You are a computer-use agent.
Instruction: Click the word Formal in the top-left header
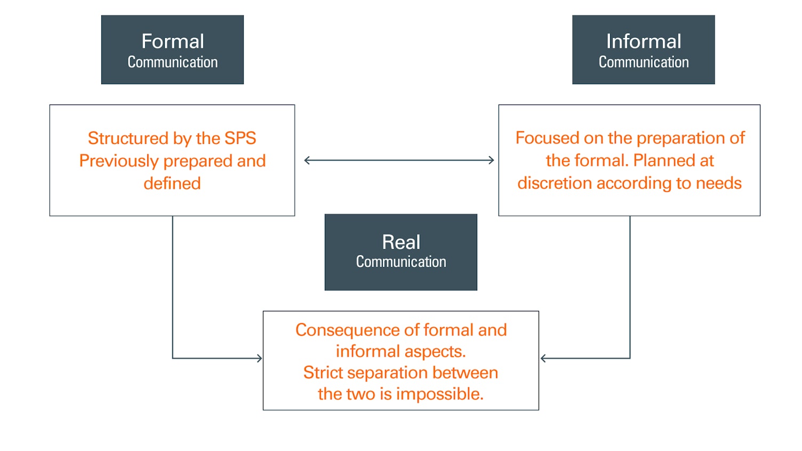tap(172, 42)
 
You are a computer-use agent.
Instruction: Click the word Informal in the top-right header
tap(643, 42)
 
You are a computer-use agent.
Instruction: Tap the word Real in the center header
tap(401, 242)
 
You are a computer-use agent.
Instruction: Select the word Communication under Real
tap(401, 262)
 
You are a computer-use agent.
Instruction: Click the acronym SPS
tap(240, 138)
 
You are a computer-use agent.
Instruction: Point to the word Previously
tap(119, 161)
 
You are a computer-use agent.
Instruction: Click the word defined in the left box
tap(172, 183)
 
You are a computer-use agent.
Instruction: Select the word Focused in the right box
tap(547, 138)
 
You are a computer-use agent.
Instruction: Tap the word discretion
tap(555, 183)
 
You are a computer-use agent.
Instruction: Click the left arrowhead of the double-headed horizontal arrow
tap(307, 160)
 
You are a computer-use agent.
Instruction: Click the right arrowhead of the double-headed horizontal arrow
tap(492, 160)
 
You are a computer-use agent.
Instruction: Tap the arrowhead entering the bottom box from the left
tap(260, 358)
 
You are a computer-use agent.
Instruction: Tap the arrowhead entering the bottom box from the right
tap(543, 358)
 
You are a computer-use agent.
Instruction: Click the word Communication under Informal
tap(643, 62)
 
